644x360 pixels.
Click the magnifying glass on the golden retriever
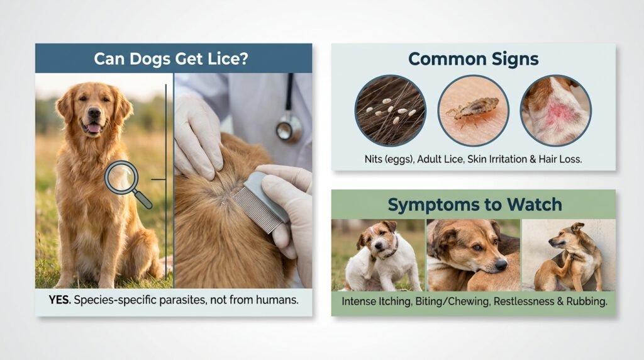click(x=123, y=177)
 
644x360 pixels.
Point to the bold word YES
click(x=59, y=300)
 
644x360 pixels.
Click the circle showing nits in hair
click(x=390, y=110)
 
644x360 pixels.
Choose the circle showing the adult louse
click(x=473, y=110)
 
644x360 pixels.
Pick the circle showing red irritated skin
click(x=555, y=110)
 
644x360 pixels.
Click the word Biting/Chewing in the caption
click(x=452, y=301)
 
